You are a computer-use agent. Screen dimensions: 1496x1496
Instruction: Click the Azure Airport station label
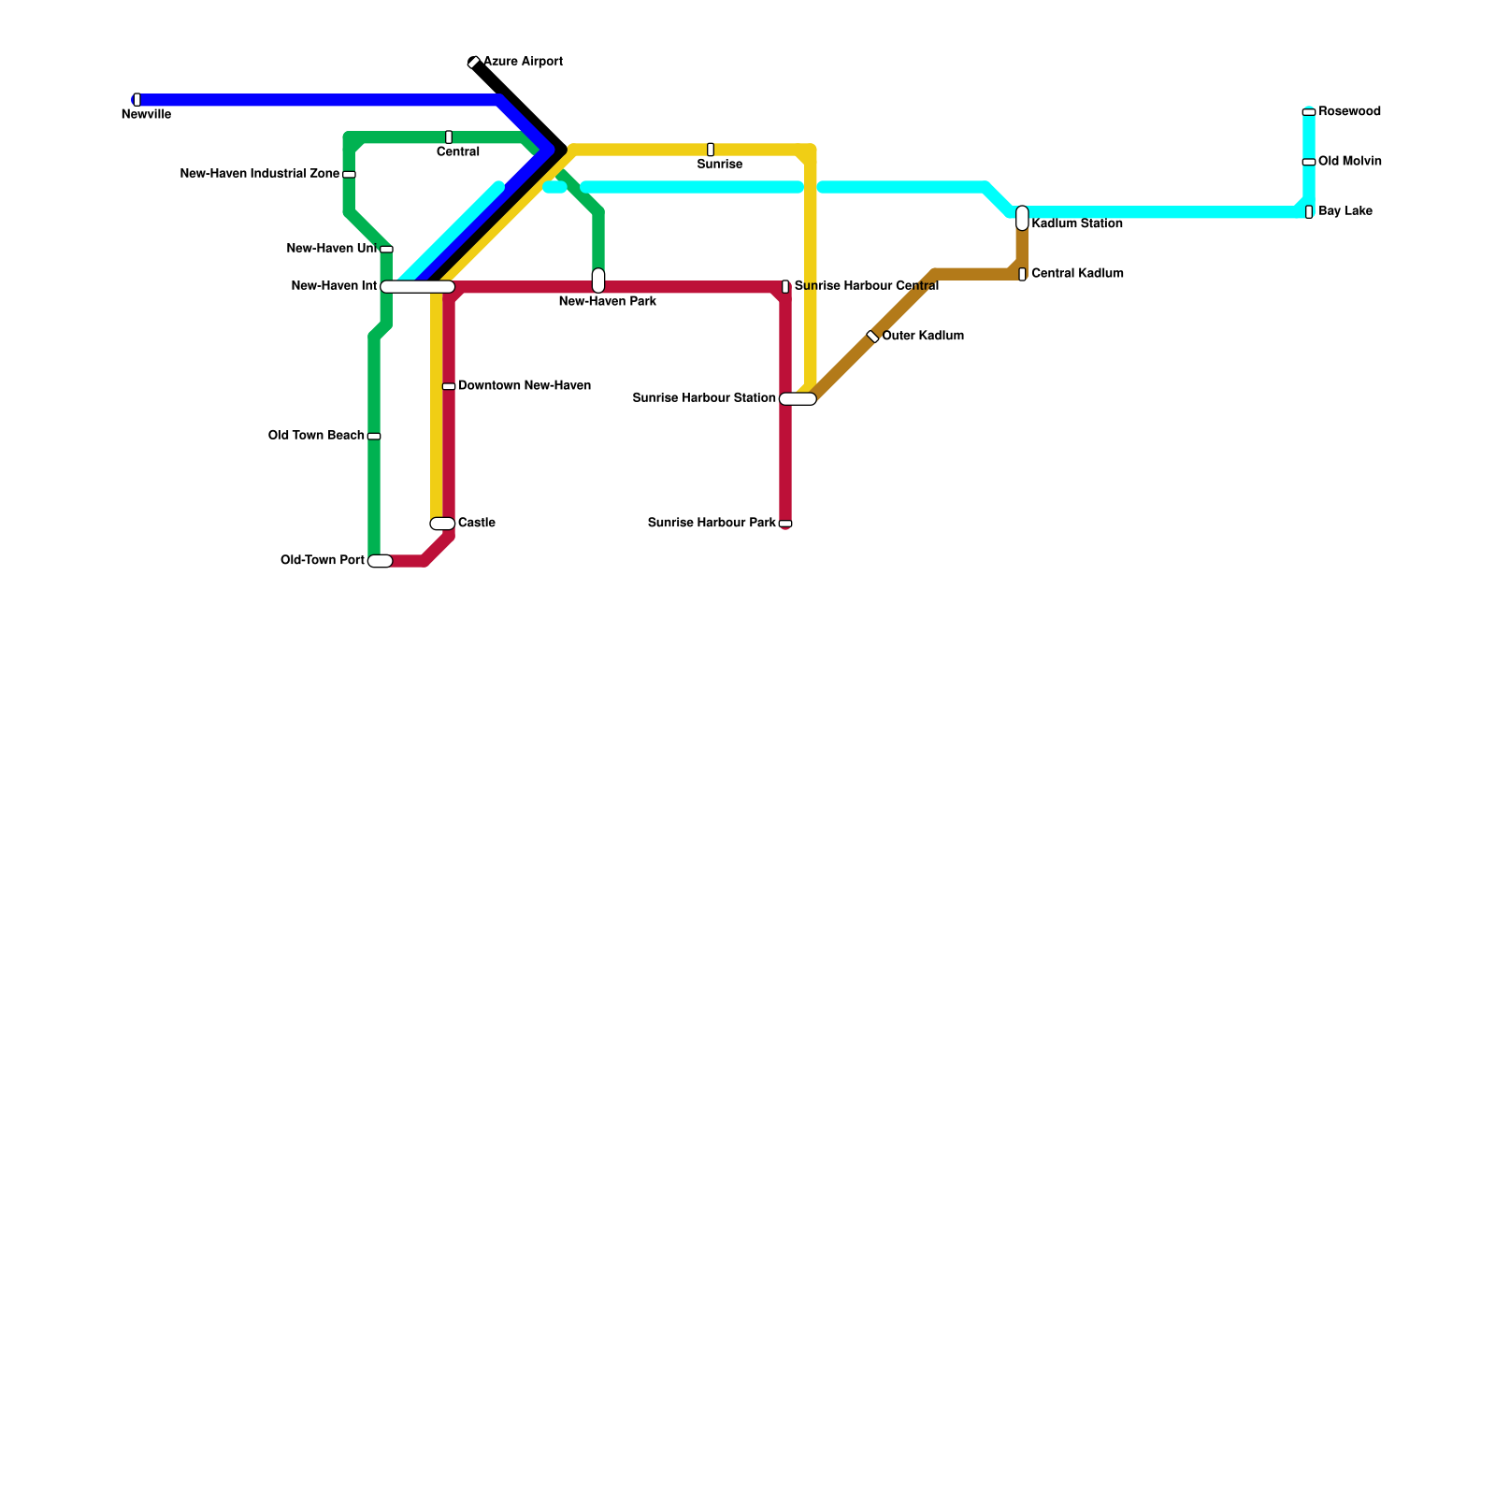tap(523, 62)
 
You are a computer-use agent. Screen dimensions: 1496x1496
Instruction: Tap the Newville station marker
tap(137, 100)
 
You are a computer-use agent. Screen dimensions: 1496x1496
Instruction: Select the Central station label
tap(457, 152)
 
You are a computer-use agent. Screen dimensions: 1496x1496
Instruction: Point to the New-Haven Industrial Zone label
tap(259, 174)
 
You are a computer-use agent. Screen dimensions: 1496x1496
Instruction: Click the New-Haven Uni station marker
tap(386, 250)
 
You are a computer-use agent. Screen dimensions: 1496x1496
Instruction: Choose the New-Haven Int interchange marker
tap(417, 287)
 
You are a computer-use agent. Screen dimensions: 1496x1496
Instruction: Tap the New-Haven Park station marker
tap(598, 280)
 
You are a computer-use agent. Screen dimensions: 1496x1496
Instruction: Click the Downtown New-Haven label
tap(524, 386)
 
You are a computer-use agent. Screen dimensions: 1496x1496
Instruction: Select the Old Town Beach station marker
tap(374, 437)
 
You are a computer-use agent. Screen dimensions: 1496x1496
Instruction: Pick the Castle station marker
tap(442, 524)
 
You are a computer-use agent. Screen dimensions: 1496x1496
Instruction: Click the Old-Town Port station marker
tap(380, 561)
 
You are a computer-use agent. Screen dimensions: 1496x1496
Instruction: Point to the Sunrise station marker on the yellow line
tap(711, 150)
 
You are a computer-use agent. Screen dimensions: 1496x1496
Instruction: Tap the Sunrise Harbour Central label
tap(866, 286)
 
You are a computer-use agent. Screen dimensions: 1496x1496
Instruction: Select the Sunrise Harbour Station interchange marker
tap(798, 399)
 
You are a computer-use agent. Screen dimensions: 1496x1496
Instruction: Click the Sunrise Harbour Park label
tap(712, 523)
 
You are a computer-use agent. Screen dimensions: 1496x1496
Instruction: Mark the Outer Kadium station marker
tap(872, 337)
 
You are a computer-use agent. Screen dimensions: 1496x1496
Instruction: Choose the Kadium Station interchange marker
tap(1022, 218)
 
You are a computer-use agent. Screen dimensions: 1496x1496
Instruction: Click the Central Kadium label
tap(1077, 274)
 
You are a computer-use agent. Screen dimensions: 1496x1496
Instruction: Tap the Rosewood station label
tap(1349, 112)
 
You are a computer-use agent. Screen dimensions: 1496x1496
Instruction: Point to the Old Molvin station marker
tap(1309, 163)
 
